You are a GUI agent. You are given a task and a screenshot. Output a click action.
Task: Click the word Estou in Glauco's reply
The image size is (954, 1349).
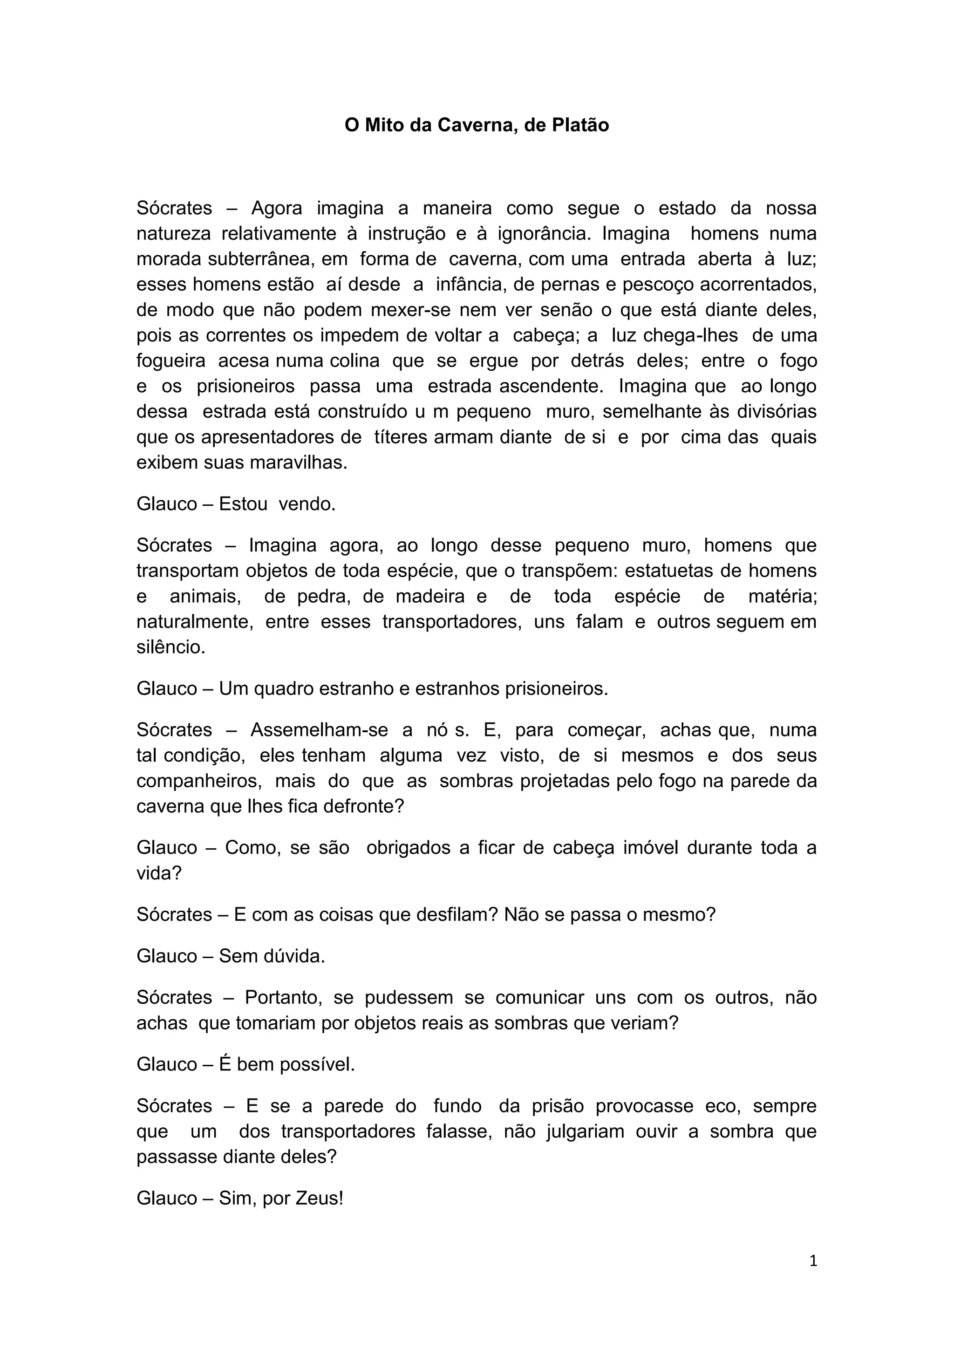(243, 504)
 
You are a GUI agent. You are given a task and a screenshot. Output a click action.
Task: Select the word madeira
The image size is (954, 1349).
(430, 596)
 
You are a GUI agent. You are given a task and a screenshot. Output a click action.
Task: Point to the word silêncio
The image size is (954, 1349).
(171, 647)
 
